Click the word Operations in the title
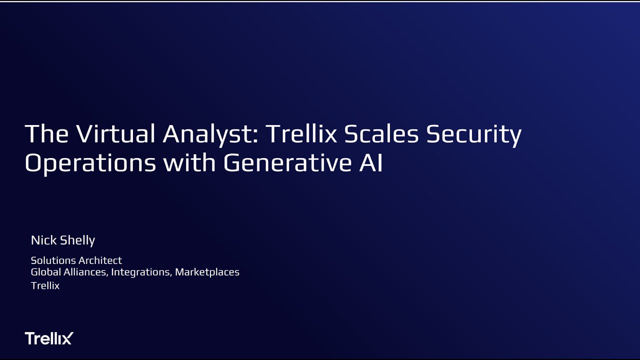90,163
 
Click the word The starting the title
47,134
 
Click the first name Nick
43,240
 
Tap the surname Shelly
77,240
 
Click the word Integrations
141,272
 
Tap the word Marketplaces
207,272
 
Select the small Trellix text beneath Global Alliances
45,285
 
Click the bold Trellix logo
49,338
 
